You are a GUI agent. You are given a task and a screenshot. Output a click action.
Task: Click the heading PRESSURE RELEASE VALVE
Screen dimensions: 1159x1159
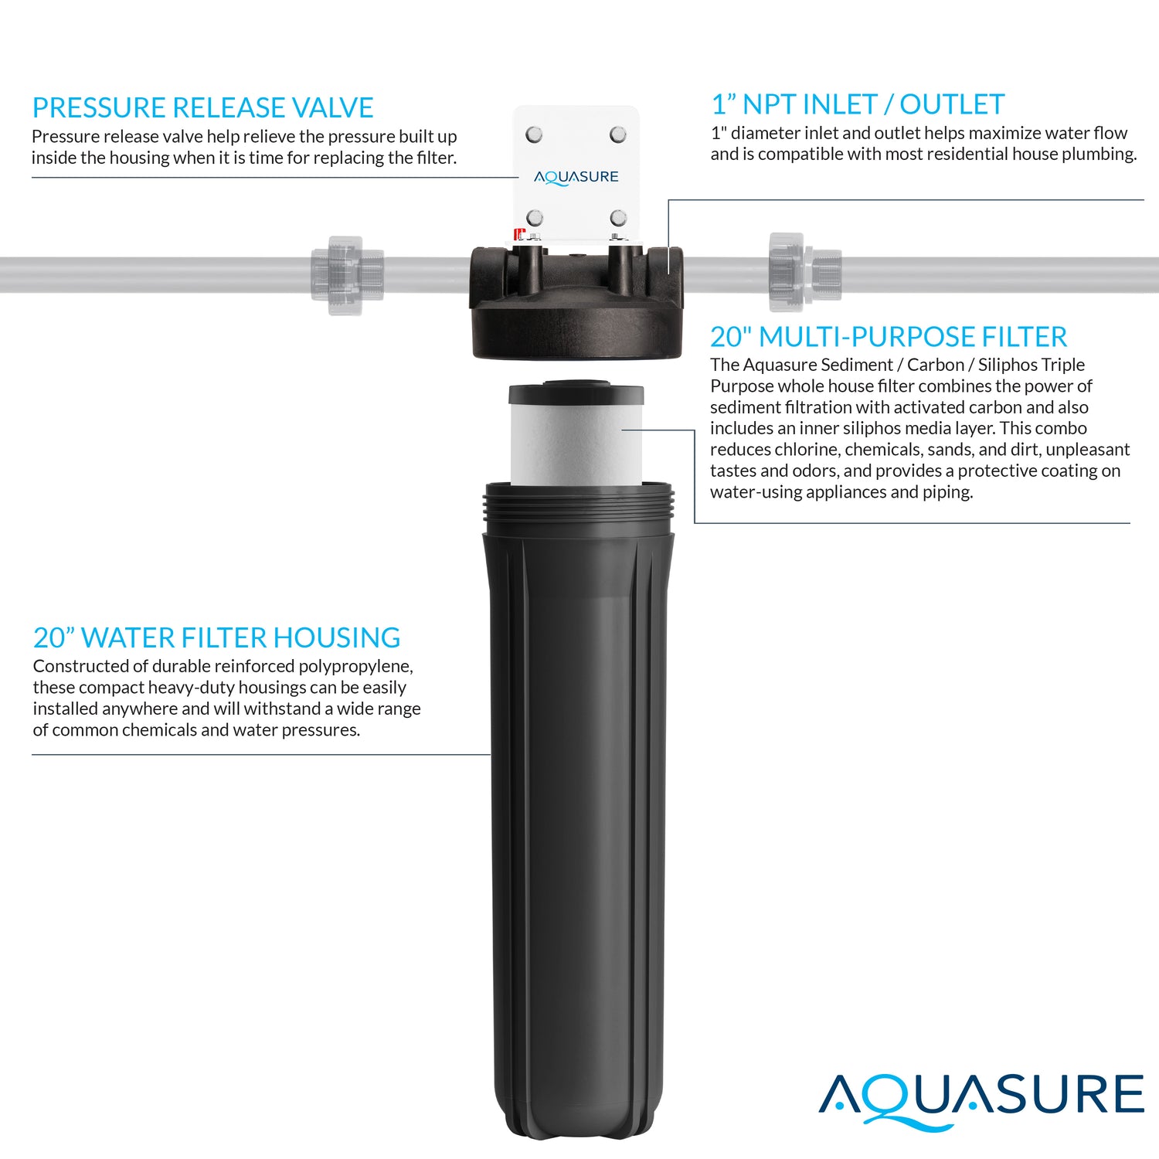point(202,107)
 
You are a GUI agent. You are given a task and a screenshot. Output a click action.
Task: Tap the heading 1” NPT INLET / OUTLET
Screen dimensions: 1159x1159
point(858,104)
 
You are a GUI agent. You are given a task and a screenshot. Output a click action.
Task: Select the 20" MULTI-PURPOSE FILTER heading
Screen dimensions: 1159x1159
point(889,337)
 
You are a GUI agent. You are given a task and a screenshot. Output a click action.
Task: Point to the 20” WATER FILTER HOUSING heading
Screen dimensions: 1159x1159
point(216,637)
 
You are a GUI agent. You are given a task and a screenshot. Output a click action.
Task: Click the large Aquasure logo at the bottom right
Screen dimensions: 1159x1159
point(981,1097)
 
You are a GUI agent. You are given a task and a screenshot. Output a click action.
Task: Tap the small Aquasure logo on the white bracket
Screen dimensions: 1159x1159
point(576,177)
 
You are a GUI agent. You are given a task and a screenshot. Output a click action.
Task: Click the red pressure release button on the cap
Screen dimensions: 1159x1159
point(519,233)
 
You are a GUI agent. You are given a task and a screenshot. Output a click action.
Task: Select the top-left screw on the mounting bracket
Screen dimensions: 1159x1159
point(534,134)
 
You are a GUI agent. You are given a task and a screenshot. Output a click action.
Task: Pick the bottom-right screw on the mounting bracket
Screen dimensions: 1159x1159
point(618,218)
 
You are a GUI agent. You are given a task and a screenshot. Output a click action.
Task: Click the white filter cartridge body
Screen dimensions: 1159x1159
point(576,444)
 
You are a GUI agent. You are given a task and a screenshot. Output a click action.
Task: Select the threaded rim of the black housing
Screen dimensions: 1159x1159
point(578,506)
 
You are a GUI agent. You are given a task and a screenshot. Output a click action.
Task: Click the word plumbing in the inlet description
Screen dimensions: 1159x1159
point(1099,154)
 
